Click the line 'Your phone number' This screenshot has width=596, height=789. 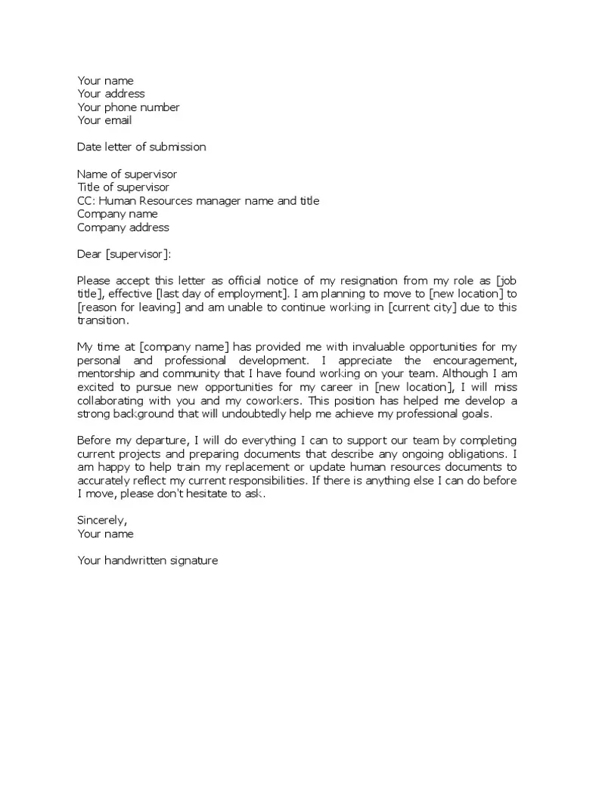coord(128,107)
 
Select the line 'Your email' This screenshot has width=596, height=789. coord(104,120)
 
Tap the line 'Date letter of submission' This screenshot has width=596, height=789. coord(141,147)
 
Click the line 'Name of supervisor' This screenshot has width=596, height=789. coord(126,174)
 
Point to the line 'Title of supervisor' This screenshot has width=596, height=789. coord(123,187)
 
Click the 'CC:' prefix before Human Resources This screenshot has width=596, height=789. coord(86,201)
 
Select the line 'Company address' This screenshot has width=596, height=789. coord(123,227)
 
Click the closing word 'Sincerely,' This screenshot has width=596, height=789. coord(102,520)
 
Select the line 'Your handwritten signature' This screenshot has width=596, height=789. coord(147,560)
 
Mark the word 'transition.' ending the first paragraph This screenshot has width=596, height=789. coord(104,320)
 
